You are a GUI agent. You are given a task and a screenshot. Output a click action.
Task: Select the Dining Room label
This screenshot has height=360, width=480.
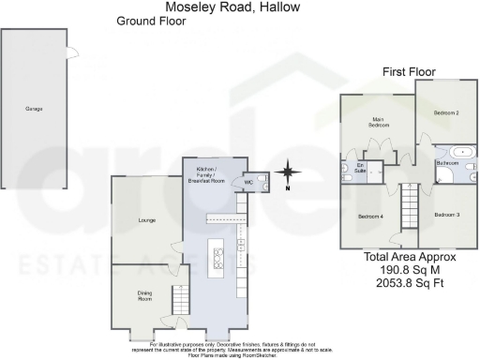[x=145, y=296]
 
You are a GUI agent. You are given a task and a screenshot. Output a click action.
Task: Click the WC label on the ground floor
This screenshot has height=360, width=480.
[x=250, y=182]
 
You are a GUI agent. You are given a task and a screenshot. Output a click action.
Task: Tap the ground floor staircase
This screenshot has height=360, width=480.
[x=176, y=301]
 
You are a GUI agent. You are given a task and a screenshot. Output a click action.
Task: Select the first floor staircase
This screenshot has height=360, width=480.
[x=408, y=203]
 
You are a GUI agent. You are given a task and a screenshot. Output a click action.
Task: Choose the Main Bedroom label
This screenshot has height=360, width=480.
[x=378, y=121]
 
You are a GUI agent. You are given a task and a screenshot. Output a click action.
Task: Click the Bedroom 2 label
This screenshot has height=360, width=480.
[x=446, y=112]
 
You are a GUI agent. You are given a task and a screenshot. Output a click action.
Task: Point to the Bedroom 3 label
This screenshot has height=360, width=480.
[x=446, y=216]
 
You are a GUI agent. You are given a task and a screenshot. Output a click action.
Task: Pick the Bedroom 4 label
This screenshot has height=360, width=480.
[x=370, y=217]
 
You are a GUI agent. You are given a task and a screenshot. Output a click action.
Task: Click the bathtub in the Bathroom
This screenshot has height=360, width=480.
[x=463, y=150]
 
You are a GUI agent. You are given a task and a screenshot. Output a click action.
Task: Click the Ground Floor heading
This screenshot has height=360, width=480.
[x=151, y=20]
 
